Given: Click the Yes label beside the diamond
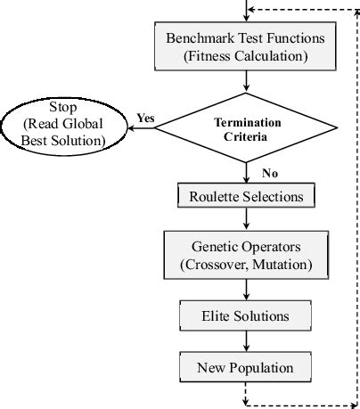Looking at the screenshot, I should pyautogui.click(x=146, y=118).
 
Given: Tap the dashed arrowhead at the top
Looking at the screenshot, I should pyautogui.click(x=253, y=9).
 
